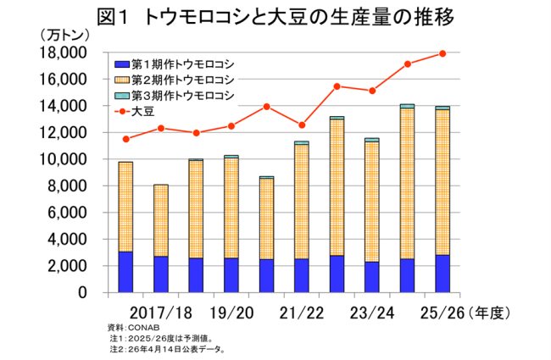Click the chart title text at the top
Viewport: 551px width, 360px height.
coord(275,16)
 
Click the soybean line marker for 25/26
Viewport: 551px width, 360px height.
coord(442,53)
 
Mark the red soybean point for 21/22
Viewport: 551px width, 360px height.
coord(302,125)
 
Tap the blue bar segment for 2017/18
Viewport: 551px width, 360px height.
coord(160,274)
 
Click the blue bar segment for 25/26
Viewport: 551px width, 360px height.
coord(442,273)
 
